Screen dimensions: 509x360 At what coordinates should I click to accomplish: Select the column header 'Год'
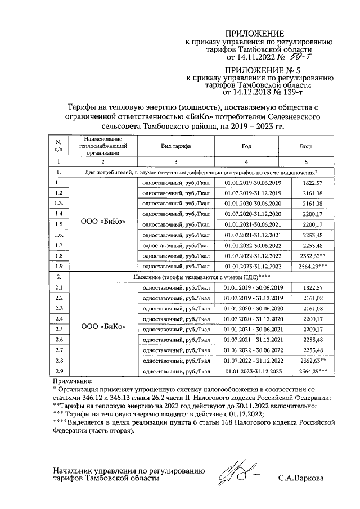246,145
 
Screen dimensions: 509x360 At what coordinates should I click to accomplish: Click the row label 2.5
59,329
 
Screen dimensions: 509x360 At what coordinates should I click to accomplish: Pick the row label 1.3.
59,203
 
